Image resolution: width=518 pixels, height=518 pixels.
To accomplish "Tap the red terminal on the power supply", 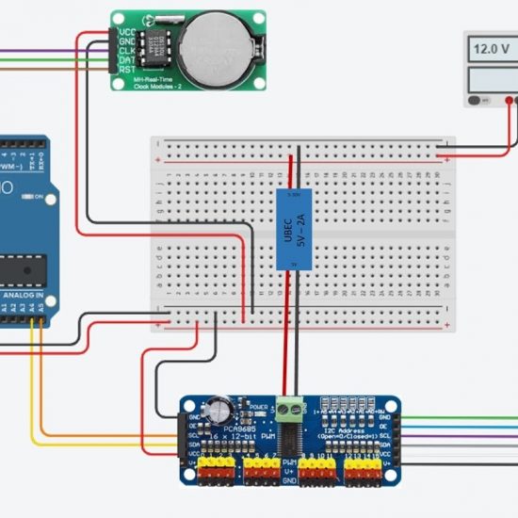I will (x=510, y=100).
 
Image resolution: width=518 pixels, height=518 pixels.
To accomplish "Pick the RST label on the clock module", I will (x=125, y=68).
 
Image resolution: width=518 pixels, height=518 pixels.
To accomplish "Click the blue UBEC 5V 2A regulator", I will (x=292, y=229).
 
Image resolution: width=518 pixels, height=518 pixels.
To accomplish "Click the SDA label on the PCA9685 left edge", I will (x=192, y=446).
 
